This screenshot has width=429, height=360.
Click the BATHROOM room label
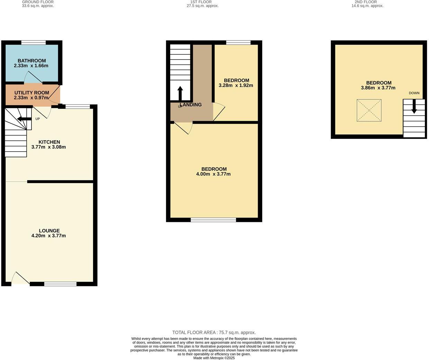tap(31, 61)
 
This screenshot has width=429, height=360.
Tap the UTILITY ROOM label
tap(31, 93)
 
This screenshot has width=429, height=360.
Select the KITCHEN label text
tap(49, 142)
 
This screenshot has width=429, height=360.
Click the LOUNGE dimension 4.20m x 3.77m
tap(48, 236)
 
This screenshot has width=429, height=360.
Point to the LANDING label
tap(191, 105)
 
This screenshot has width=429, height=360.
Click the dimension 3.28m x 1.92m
tap(236, 85)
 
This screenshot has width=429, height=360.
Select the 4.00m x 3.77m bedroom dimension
tap(213, 174)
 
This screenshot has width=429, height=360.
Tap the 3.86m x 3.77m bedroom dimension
tap(378, 88)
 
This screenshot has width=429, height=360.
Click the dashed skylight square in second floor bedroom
tap(369, 110)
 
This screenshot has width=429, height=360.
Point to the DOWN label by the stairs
tap(414, 93)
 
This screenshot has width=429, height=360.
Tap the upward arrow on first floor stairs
tap(180, 93)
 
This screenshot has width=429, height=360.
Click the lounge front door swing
tap(20, 279)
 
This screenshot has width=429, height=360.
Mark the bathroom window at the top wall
tap(33, 43)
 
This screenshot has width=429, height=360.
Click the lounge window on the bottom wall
tap(60, 284)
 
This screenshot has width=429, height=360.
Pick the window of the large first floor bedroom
tap(213, 220)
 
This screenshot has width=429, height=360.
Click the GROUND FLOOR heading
tap(38, 2)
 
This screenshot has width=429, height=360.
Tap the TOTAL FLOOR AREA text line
tap(214, 333)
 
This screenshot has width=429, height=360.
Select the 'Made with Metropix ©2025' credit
tap(214, 358)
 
